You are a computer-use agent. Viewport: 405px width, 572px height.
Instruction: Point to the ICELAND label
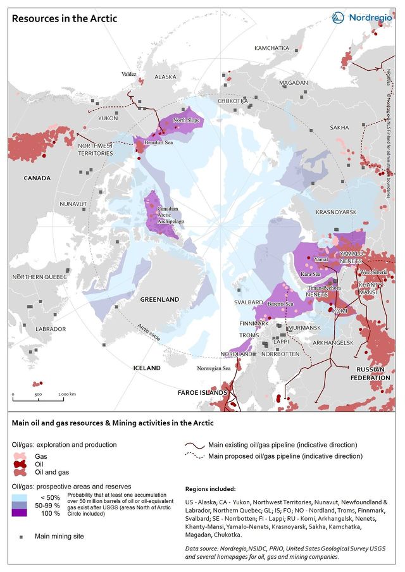(147, 368)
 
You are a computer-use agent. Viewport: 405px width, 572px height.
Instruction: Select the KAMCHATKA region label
(271, 49)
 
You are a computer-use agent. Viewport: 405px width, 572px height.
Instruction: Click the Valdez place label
(128, 74)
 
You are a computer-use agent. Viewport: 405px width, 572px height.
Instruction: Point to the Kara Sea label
(309, 275)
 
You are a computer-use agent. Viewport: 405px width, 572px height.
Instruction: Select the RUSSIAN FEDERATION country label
(373, 373)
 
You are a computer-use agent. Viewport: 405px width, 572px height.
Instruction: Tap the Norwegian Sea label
(213, 368)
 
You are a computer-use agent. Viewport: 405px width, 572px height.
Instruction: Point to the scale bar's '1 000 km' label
(67, 394)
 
